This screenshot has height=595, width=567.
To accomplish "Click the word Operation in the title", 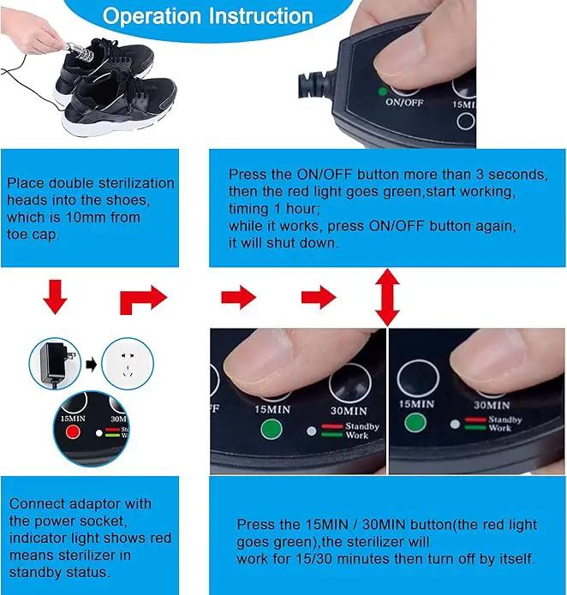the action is coord(152,16).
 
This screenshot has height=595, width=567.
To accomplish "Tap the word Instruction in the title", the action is coord(261,16).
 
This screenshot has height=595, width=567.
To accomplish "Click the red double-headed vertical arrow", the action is coord(387,297).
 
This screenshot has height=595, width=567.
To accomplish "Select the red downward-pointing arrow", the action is coord(56,297).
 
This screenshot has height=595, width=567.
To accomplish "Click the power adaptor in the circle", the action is coord(56,364).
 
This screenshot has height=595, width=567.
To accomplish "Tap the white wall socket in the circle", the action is coord(128,364).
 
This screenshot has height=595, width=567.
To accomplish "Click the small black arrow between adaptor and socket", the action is coord(92,365).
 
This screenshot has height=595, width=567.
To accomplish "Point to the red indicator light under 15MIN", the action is coord(73,431).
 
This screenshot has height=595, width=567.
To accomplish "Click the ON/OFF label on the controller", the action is coord(404,102).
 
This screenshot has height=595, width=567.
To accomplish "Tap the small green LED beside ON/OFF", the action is coord(383,91).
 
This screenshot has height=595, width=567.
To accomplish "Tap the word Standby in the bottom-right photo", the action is coord(505,419).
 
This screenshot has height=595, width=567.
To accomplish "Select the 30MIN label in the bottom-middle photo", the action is coord(349,411).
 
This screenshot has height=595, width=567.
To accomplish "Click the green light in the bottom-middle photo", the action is coord(272,429).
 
